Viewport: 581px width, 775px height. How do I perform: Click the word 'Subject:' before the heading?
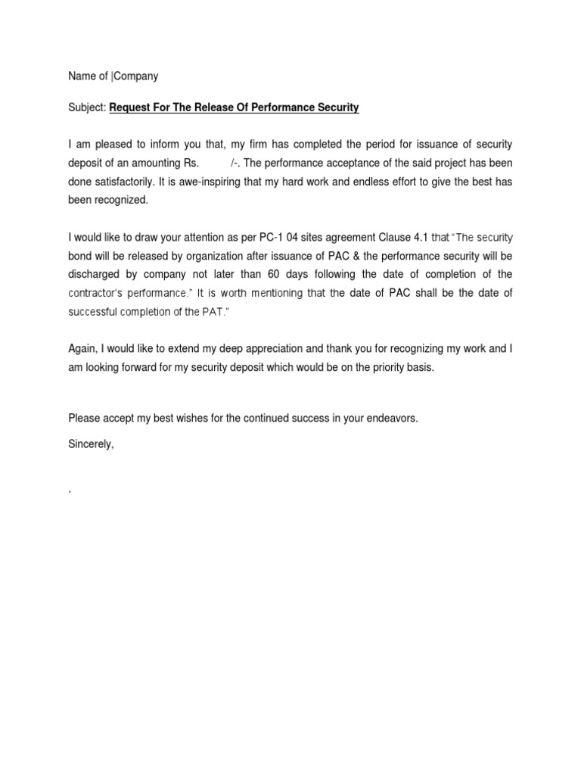[87, 108]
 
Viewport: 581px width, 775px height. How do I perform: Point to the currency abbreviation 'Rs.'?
[186, 163]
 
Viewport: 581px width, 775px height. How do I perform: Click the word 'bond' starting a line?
[81, 256]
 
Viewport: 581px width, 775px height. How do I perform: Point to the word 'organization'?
[216, 256]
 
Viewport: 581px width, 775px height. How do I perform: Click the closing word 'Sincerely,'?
[91, 444]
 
